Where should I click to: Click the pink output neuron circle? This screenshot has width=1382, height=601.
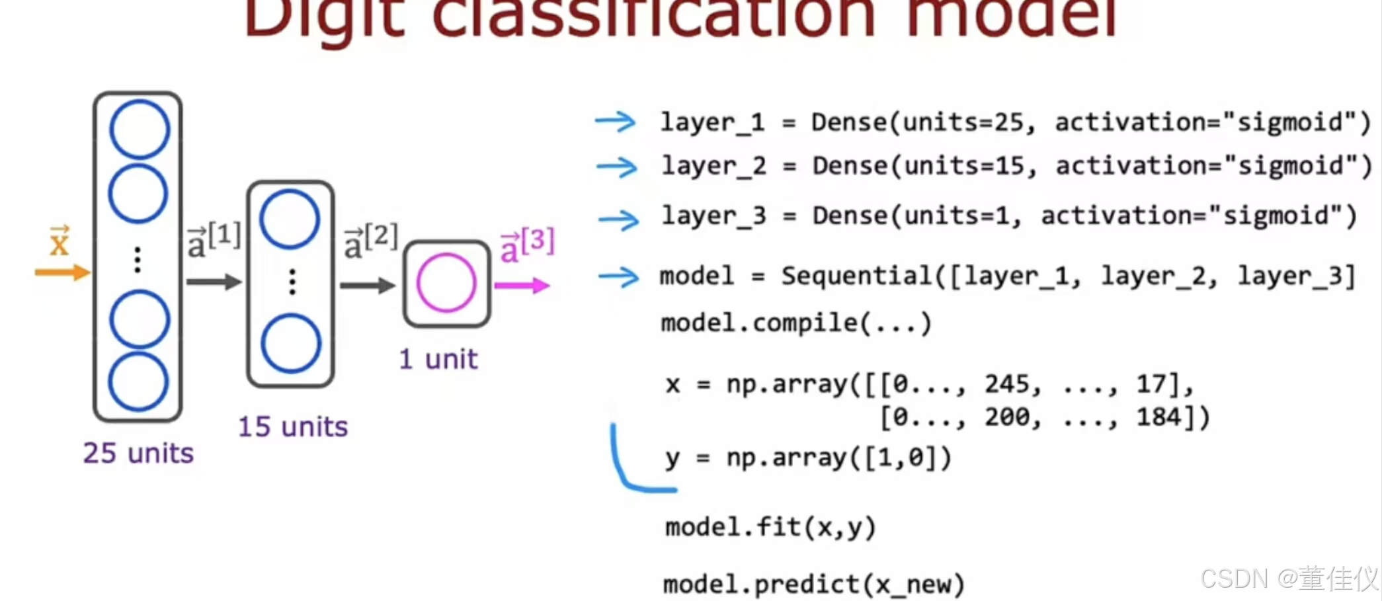click(x=446, y=283)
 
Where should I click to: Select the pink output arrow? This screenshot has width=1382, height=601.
click(x=522, y=286)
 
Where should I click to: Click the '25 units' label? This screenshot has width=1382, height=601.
click(x=138, y=454)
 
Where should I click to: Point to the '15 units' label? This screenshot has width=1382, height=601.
click(x=292, y=427)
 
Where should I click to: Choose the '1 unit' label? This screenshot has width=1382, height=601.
click(x=438, y=360)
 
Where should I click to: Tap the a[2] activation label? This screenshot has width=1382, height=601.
click(x=370, y=242)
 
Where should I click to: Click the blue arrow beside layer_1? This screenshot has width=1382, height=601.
click(x=615, y=122)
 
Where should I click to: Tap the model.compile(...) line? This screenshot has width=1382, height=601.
click(x=795, y=323)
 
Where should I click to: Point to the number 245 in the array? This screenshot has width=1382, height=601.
click(x=1007, y=384)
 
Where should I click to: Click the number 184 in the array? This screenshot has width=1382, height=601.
click(x=1158, y=417)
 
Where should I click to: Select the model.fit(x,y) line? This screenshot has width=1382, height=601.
click(x=770, y=528)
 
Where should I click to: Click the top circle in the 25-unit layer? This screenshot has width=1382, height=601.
click(x=139, y=129)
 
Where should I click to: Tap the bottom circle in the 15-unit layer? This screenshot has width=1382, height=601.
click(x=291, y=344)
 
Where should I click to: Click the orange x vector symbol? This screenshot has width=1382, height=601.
click(x=60, y=241)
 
